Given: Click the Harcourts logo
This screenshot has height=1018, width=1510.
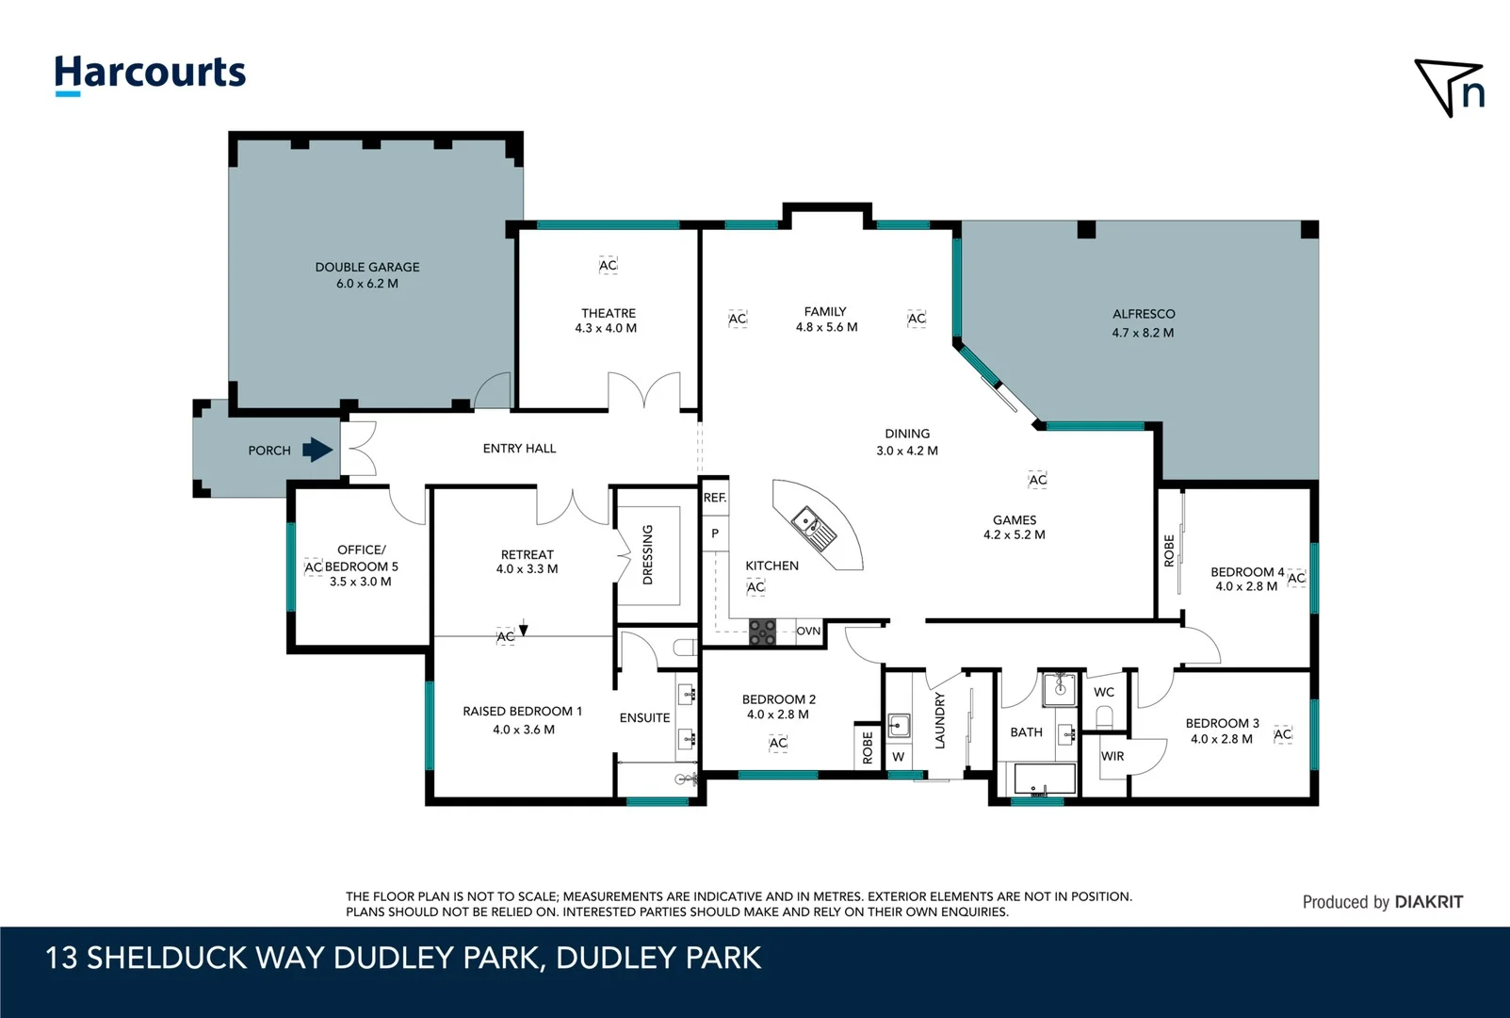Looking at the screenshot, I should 150,74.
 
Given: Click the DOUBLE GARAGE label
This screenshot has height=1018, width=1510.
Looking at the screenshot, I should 367,267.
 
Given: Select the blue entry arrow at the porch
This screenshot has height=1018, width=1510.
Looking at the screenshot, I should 317,451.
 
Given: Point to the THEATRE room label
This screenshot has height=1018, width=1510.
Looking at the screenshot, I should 608,313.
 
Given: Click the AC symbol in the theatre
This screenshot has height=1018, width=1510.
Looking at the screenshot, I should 608,266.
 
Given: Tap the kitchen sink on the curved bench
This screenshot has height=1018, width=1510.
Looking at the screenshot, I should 813,528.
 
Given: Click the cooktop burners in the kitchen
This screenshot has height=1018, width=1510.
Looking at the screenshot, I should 762,632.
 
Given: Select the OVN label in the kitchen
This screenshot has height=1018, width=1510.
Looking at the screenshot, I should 808,631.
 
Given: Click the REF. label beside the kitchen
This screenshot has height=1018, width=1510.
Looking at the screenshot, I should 714,498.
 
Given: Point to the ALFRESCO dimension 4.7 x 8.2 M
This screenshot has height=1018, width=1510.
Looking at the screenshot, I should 1143,333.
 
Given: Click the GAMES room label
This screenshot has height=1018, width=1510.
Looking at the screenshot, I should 1014,519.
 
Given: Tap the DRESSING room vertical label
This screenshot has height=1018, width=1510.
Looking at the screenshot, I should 647,554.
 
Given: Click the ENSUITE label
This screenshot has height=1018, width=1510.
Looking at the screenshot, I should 644,717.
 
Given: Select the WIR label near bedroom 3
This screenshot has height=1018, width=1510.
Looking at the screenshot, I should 1112,756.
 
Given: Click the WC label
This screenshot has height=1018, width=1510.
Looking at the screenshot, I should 1104,692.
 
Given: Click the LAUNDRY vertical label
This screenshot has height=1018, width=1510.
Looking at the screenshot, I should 939,721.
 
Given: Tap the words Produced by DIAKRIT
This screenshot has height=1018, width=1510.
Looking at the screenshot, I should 1382,902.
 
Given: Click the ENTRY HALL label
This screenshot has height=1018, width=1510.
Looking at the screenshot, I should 519,449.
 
